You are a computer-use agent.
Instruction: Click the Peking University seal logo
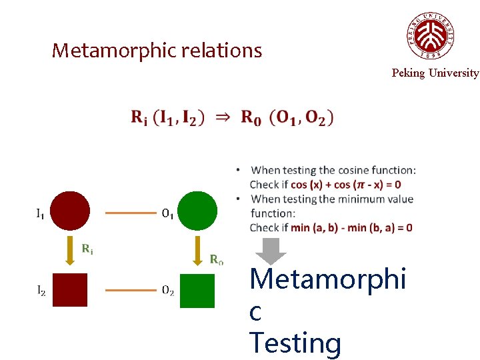pyautogui.click(x=431, y=36)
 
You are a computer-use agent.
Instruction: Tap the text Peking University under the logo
pyautogui.click(x=435, y=73)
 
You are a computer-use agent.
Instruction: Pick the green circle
pyautogui.click(x=198, y=211)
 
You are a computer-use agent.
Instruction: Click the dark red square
pyautogui.click(x=70, y=290)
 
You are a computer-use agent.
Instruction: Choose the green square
pyautogui.click(x=197, y=291)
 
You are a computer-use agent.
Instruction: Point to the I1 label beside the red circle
pyautogui.click(x=41, y=214)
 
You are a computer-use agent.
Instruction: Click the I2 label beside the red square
pyautogui.click(x=41, y=291)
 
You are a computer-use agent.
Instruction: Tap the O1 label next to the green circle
pyautogui.click(x=169, y=214)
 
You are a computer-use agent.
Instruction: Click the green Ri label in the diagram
pyautogui.click(x=87, y=249)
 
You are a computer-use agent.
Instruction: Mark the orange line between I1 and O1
pyautogui.click(x=130, y=214)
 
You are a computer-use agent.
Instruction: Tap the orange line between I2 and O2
pyautogui.click(x=130, y=291)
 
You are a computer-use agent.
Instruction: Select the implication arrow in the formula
pyautogui.click(x=223, y=117)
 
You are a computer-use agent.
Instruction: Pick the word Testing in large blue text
pyautogui.click(x=295, y=343)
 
